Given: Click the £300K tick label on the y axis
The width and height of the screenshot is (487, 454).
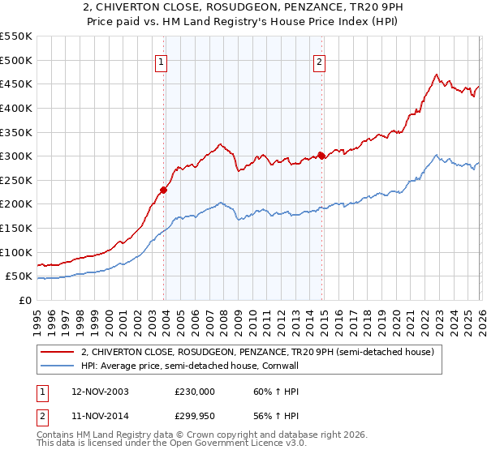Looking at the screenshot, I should (x=16, y=156).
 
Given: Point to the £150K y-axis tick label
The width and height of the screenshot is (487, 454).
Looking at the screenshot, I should (x=16, y=228).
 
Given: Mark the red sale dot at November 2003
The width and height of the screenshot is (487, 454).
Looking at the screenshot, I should (x=164, y=190).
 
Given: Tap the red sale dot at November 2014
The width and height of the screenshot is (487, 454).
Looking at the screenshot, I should (x=321, y=156).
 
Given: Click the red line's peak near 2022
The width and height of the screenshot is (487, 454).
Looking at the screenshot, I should (x=436, y=75).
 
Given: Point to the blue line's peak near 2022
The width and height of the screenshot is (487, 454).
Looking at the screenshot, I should (x=436, y=155).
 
